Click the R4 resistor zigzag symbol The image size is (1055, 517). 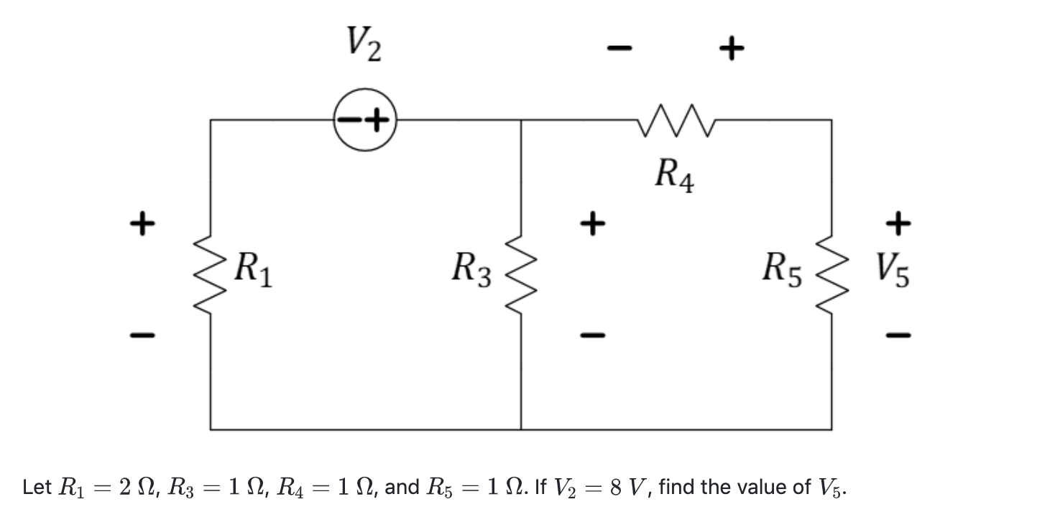pyautogui.click(x=675, y=119)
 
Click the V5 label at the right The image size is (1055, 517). pyautogui.click(x=893, y=271)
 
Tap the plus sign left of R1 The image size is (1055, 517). pyautogui.click(x=142, y=222)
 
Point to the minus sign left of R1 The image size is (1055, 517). pyautogui.click(x=142, y=335)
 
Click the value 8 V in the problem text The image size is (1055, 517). pyautogui.click(x=628, y=488)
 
